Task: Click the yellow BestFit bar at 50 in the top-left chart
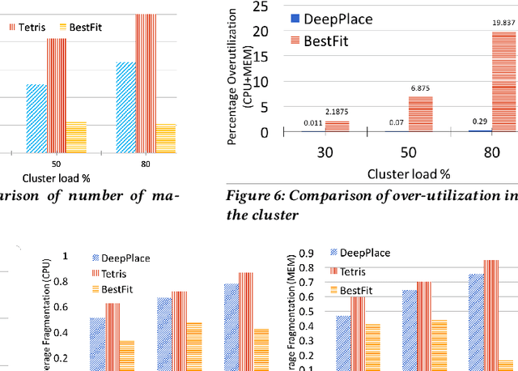(x=75, y=138)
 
